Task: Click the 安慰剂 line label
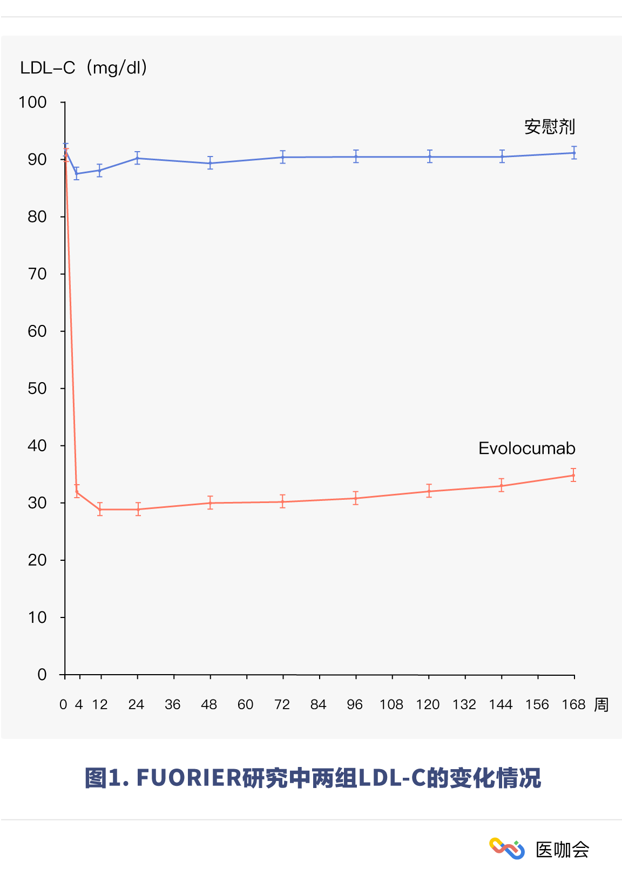pos(550,127)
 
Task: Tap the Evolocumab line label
pos(526,449)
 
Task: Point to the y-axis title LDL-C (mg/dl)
pos(84,67)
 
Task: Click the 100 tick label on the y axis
pos(33,102)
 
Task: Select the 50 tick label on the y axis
pos(37,389)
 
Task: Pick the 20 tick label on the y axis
pos(37,560)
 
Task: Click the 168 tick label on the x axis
pos(573,704)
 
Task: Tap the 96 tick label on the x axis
pos(355,704)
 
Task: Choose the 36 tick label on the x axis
pos(173,704)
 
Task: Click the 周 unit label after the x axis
pos(601,704)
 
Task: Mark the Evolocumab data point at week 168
pos(573,475)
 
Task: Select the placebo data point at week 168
pos(574,153)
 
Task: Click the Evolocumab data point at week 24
pos(138,509)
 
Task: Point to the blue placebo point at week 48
pos(210,163)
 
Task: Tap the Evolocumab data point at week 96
pos(355,498)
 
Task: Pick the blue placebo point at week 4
pos(77,174)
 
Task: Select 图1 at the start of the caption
pos(102,778)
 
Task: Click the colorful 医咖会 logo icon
pos(506,848)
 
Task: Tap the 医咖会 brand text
pos(562,850)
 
